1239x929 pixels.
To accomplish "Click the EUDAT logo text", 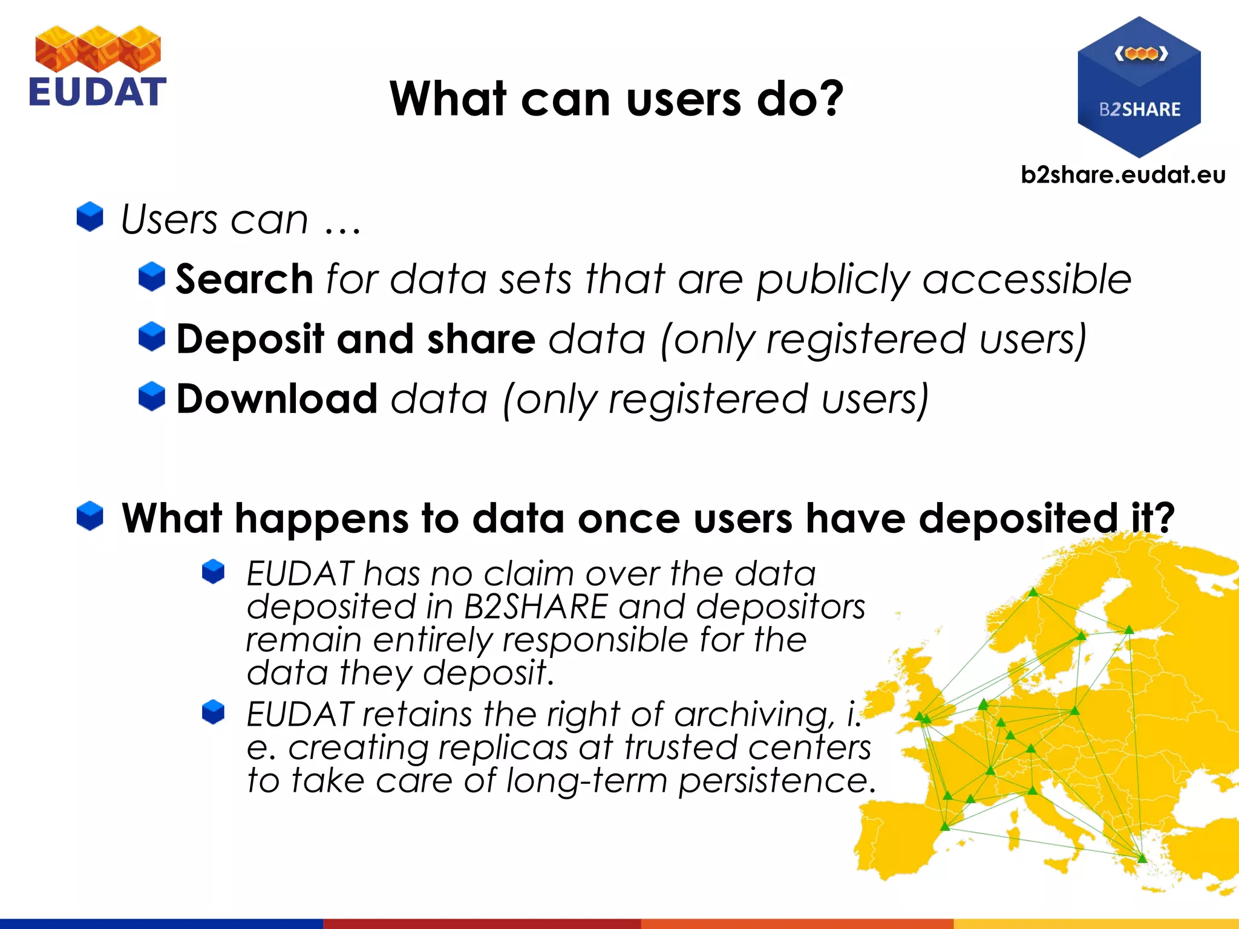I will click(x=97, y=92).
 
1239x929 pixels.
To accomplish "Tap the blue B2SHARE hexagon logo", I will click(x=1139, y=88).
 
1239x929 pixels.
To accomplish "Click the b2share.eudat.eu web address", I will click(x=1123, y=175).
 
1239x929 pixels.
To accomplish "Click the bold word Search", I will click(x=244, y=279).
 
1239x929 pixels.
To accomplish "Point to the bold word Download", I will click(x=277, y=399).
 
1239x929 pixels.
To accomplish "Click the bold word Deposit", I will click(x=250, y=339).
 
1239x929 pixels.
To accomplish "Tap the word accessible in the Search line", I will click(x=1026, y=279).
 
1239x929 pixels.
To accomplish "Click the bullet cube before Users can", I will click(x=90, y=217).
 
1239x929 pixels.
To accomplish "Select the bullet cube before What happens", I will click(x=90, y=516).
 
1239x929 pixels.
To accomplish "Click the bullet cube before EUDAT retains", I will click(x=213, y=712).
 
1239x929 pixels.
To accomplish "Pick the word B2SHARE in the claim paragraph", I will click(x=535, y=607).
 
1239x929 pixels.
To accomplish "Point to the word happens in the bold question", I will click(x=321, y=519).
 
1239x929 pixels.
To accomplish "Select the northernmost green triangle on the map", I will click(x=1033, y=592).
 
